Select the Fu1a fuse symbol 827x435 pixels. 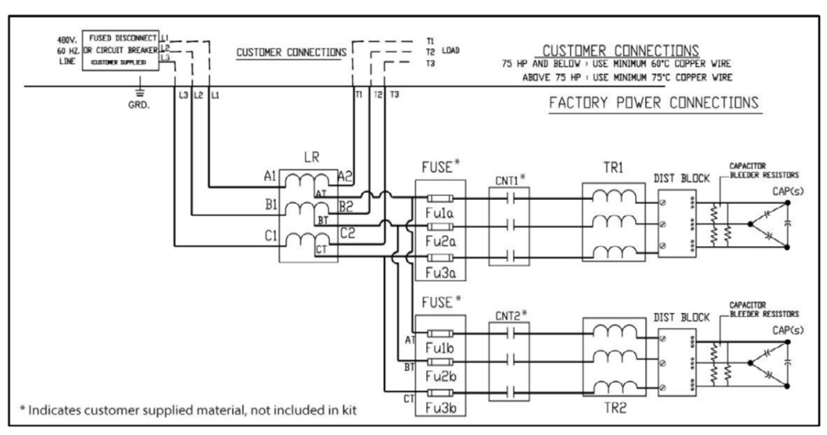(440, 199)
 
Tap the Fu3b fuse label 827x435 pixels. (440, 408)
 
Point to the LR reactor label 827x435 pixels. (311, 157)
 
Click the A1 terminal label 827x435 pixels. (270, 176)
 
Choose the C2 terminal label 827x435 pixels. (347, 233)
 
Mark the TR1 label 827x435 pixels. (613, 168)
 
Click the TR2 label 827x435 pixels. (615, 408)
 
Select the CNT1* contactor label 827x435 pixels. (510, 180)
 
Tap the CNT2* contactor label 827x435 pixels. (511, 316)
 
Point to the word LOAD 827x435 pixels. (450, 51)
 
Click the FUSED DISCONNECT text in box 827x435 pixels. (122, 38)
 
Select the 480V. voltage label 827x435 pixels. (67, 40)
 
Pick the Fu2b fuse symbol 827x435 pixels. (440, 362)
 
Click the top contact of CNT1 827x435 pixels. (510, 199)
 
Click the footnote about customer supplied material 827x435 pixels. (188, 411)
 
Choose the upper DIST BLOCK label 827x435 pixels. (682, 179)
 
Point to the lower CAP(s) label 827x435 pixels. (788, 330)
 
